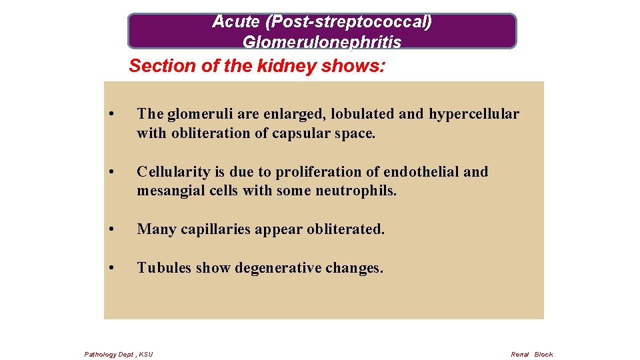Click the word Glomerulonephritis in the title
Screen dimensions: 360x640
tap(322, 42)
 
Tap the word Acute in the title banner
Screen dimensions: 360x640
tap(236, 22)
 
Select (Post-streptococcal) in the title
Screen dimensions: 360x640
tap(348, 22)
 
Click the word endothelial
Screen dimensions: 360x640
tap(425, 172)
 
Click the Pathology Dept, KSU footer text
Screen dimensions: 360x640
tap(119, 354)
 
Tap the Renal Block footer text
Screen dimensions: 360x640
tap(531, 354)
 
